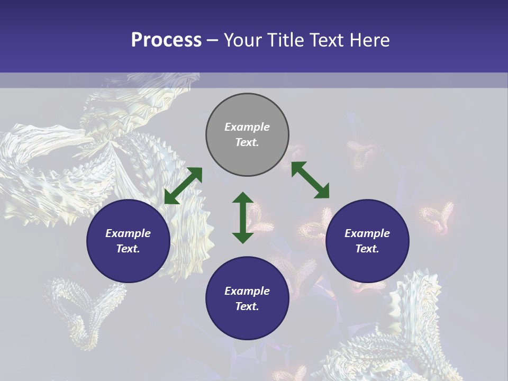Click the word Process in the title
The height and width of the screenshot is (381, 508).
pos(166,40)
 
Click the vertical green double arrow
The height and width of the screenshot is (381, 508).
pos(243,217)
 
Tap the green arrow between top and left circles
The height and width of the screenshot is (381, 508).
pos(183,186)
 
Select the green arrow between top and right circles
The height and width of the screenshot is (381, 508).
pos(310,180)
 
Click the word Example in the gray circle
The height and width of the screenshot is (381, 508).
pos(247,127)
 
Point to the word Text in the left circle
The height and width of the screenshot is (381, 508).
pos(128,249)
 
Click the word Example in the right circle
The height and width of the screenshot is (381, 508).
pos(367,233)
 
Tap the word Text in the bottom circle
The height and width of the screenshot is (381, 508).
pos(247,306)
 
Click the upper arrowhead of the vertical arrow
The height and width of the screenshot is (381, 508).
pos(243,198)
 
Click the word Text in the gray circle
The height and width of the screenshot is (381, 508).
pos(247,142)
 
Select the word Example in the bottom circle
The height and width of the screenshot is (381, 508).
pos(247,291)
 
